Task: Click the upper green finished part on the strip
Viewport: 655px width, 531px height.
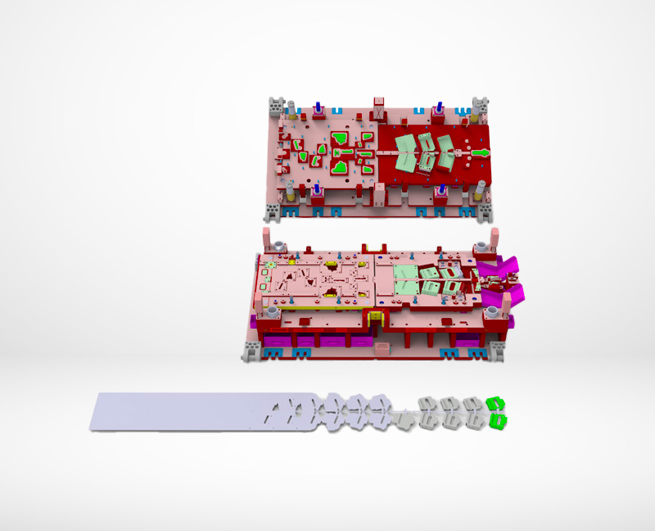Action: click(x=495, y=403)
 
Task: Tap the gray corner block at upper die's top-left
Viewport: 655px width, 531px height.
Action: click(x=277, y=107)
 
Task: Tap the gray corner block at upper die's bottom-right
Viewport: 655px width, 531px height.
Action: click(x=485, y=212)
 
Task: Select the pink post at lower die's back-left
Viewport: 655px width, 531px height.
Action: click(x=267, y=240)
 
